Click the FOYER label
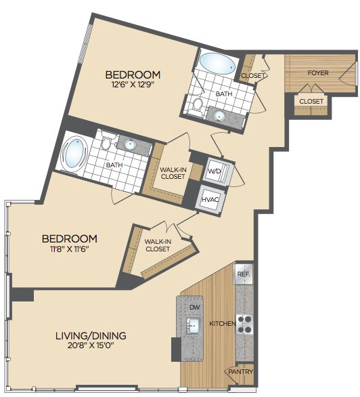[x=318, y=73]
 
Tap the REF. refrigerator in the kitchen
[x=243, y=274]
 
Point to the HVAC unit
[x=210, y=199]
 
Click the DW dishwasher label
[x=195, y=307]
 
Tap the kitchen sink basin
[x=194, y=326]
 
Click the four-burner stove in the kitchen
[x=244, y=325]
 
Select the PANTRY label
[x=241, y=372]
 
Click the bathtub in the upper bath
[x=217, y=64]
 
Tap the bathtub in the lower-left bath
[x=74, y=153]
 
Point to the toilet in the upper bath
[x=197, y=106]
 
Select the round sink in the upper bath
[x=219, y=116]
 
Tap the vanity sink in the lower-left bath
[x=130, y=144]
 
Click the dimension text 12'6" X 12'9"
[x=133, y=84]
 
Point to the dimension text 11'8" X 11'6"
[x=70, y=249]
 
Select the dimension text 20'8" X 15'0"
[x=91, y=346]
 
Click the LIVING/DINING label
[x=91, y=336]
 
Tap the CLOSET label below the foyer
[x=311, y=101]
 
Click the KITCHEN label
[x=223, y=323]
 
